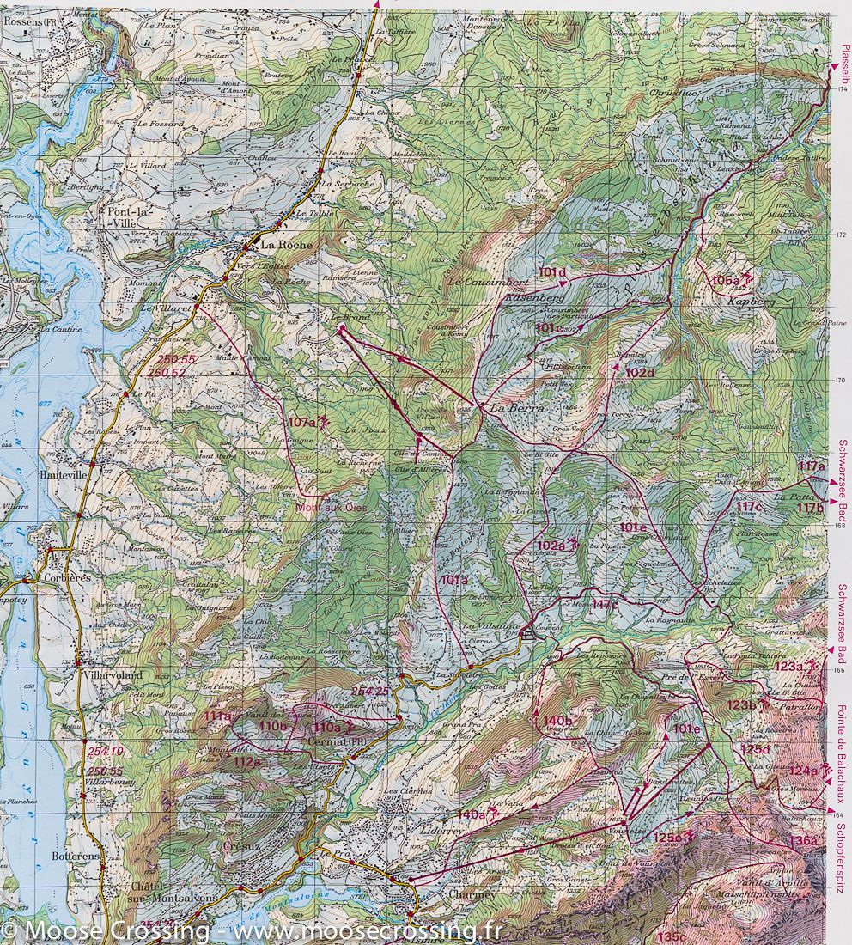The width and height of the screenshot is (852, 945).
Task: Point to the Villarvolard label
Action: coord(107,676)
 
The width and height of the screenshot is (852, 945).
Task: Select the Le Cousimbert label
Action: coord(485,282)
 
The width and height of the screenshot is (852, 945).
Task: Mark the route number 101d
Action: coord(552,272)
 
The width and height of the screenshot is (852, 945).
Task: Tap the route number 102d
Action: coord(639,373)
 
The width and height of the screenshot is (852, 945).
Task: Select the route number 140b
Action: coord(557,720)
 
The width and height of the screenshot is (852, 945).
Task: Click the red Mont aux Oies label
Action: coord(331,507)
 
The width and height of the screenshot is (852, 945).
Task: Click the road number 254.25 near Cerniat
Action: coord(371,692)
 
